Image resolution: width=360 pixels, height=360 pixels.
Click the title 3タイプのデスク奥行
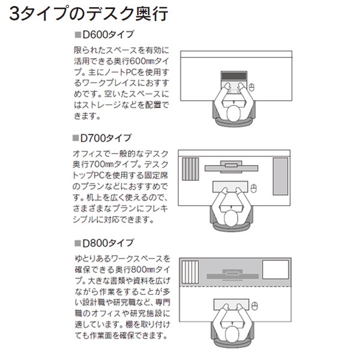(89, 14)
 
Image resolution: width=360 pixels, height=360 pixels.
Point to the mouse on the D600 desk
(252, 87)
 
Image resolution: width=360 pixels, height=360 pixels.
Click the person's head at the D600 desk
(232, 113)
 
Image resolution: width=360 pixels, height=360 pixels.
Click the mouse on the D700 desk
(253, 190)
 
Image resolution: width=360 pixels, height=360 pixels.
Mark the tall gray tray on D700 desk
(281, 176)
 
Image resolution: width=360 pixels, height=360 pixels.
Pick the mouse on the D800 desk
(253, 306)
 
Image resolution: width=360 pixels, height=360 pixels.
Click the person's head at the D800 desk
(232, 332)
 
